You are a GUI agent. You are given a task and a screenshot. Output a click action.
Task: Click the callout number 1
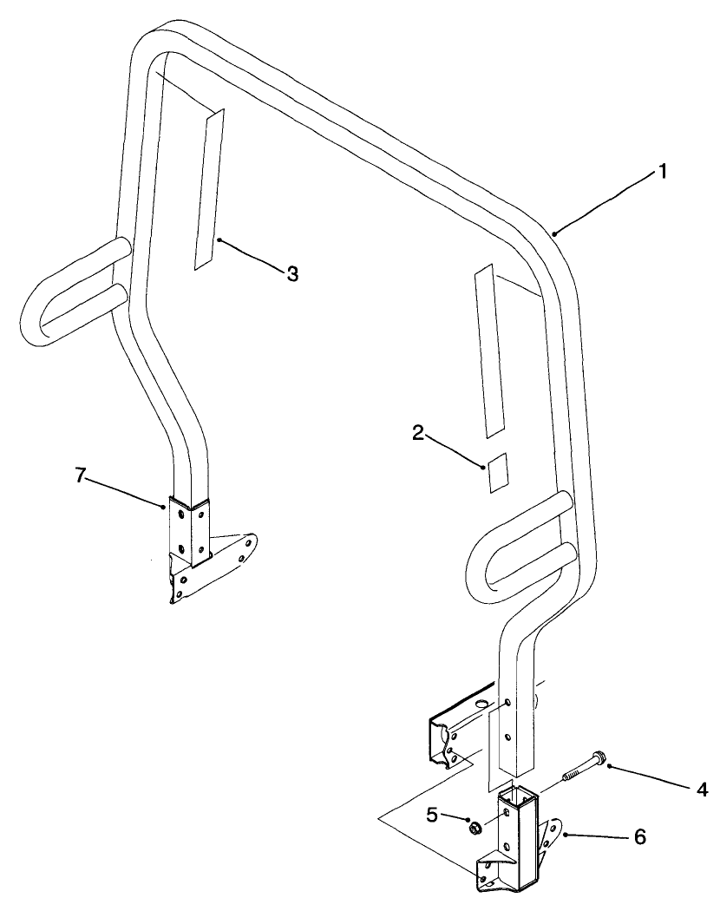pyautogui.click(x=662, y=172)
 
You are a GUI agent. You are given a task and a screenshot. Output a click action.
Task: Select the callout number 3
pyautogui.click(x=292, y=273)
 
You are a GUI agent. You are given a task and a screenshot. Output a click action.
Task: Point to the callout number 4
pyautogui.click(x=701, y=790)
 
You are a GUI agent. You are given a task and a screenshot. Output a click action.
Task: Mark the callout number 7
pyautogui.click(x=80, y=475)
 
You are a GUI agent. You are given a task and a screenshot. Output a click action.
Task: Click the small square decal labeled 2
pyautogui.click(x=496, y=472)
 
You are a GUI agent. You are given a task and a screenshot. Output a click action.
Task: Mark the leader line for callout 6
pyautogui.click(x=599, y=837)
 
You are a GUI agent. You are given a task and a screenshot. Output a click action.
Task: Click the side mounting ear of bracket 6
pyautogui.click(x=548, y=837)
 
